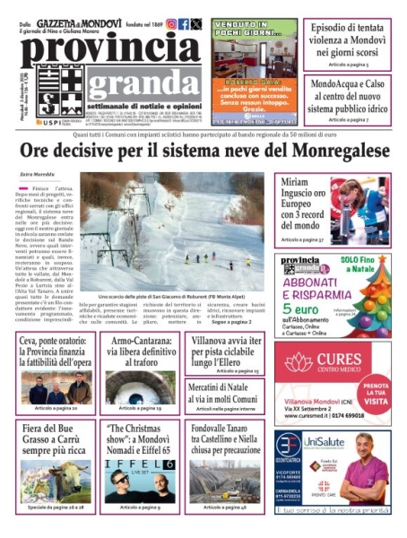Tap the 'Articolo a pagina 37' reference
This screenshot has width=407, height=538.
click(300, 240)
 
